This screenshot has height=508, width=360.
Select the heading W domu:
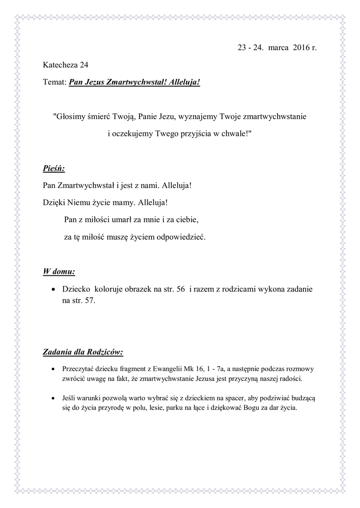tap(59, 272)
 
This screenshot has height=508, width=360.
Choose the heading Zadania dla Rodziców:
tap(83, 353)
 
